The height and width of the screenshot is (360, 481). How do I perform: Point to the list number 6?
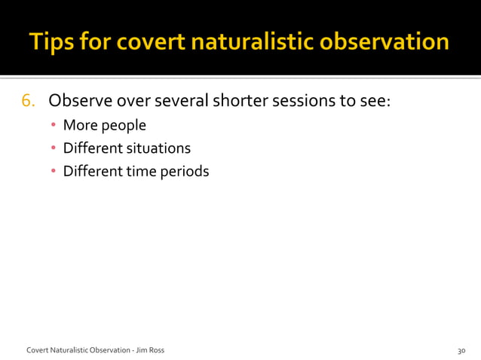click(x=27, y=101)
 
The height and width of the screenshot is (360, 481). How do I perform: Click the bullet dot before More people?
click(x=54, y=126)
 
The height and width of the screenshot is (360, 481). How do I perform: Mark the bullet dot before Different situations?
click(x=54, y=148)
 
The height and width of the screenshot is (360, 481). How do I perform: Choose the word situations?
click(x=158, y=148)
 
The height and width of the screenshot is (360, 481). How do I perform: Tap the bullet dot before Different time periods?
click(x=54, y=172)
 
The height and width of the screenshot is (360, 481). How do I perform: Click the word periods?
click(x=185, y=172)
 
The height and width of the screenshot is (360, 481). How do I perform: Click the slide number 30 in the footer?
click(x=461, y=350)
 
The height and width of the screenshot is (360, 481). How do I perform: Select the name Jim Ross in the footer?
click(x=150, y=350)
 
